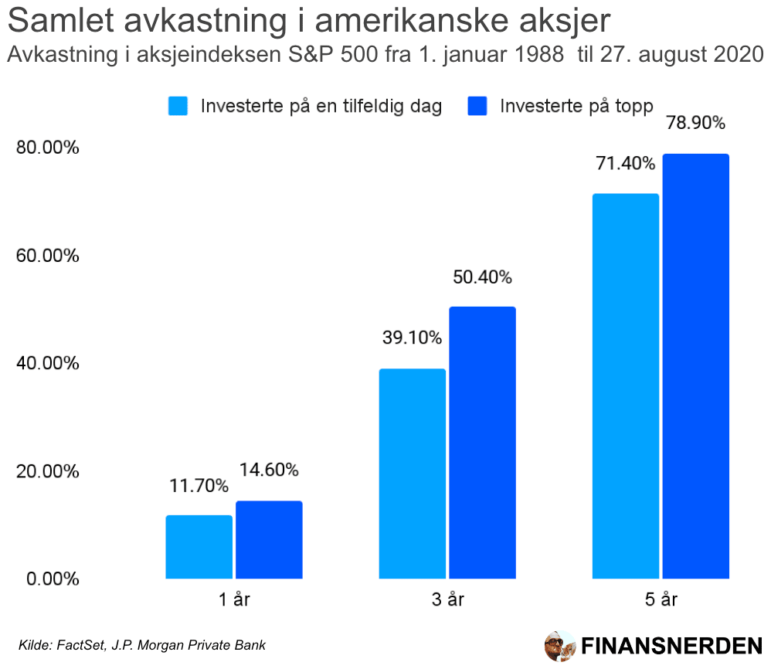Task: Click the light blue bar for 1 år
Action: pos(199,546)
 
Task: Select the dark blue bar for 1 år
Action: pos(269,539)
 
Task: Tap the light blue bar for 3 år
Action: pos(412,473)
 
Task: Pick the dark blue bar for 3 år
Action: pos(482,442)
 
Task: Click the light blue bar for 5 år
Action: pos(625,385)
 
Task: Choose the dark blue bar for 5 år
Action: pos(695,365)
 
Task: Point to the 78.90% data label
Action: pos(696,124)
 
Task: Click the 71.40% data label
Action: pos(626,164)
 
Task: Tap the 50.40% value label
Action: pos(483,277)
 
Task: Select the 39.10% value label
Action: pos(412,338)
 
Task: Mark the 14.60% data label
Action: pos(269,470)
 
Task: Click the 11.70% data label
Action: pos(199,486)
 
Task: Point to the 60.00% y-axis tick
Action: pos(48,255)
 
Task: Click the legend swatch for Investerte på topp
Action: pos(478,106)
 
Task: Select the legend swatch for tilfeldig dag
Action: pos(178,106)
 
